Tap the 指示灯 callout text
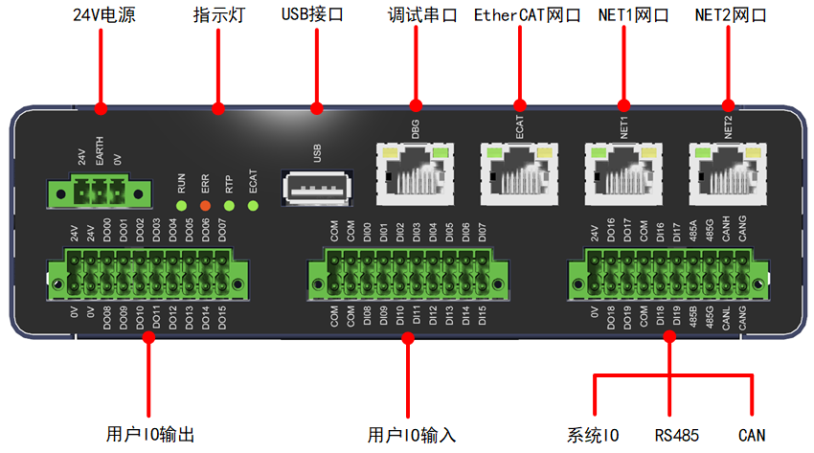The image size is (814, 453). (x=218, y=16)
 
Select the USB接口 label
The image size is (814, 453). (x=313, y=16)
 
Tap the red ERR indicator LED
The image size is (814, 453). (x=204, y=204)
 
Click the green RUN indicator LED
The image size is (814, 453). (x=180, y=204)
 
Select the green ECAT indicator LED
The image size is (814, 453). (x=252, y=204)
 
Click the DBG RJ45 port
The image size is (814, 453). (x=415, y=172)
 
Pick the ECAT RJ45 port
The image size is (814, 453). (x=519, y=172)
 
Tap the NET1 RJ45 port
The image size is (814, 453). (x=623, y=172)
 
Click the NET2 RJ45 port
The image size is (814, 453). (x=728, y=172)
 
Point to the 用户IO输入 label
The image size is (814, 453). (x=412, y=435)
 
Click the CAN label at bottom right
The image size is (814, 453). (x=752, y=435)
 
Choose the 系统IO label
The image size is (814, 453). (x=593, y=435)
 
